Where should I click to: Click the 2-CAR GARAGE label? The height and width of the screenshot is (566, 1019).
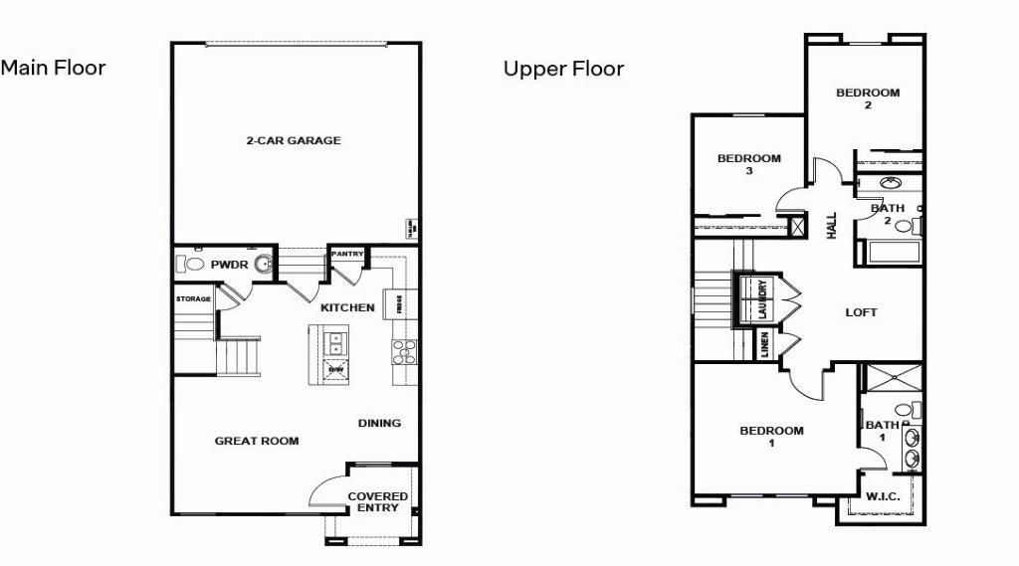click(293, 141)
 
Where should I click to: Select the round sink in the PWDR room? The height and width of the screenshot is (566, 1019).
click(264, 264)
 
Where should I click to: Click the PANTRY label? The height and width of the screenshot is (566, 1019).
click(347, 254)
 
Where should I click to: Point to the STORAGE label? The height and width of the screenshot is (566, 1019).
click(193, 298)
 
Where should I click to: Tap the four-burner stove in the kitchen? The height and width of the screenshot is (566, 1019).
click(405, 352)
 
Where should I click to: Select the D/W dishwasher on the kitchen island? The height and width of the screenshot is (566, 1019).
click(335, 369)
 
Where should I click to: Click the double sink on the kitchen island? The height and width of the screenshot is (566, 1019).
click(335, 343)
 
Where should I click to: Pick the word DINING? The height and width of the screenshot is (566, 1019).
click(379, 423)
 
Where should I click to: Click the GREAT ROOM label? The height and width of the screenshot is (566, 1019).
click(257, 441)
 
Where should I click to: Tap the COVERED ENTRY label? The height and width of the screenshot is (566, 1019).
click(378, 502)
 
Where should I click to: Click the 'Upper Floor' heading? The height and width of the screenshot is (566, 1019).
click(563, 69)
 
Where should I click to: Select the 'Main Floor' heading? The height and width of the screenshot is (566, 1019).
click(53, 68)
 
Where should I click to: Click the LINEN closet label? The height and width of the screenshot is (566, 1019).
click(765, 345)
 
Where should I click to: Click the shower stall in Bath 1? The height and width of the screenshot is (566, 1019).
click(893, 379)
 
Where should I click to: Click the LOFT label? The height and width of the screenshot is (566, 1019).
click(861, 312)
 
